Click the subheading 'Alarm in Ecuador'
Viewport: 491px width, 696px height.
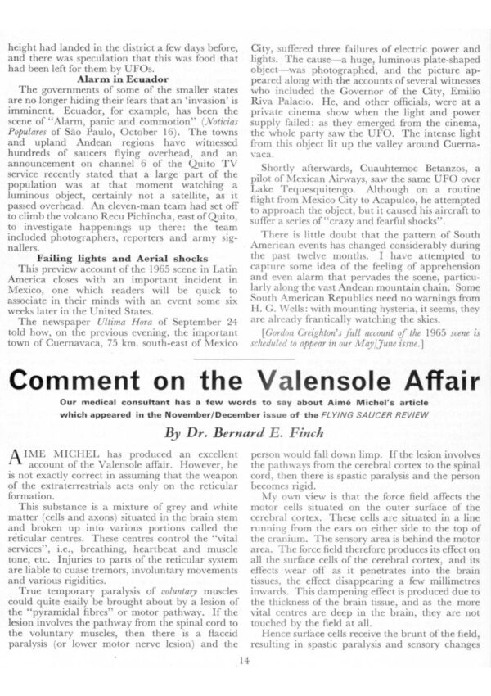pyautogui.click(x=121, y=79)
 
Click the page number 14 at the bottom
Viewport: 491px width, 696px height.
pyautogui.click(x=245, y=685)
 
